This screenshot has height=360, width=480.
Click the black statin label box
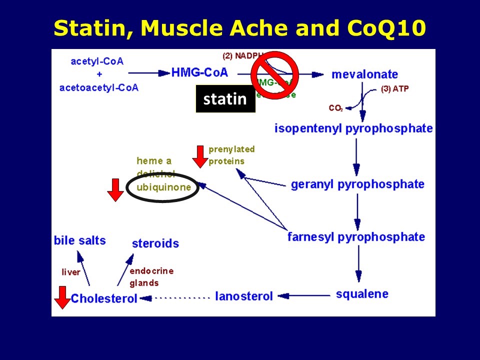point(225,99)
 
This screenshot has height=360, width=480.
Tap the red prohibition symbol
point(274,75)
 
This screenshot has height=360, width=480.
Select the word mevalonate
point(364,74)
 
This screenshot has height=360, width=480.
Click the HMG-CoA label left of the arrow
point(199,72)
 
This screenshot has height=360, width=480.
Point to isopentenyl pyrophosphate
point(353,128)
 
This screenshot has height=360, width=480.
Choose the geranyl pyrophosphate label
point(357,184)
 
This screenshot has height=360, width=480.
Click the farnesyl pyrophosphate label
point(356,236)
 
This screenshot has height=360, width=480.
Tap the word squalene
point(362,293)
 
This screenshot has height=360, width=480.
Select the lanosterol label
point(244,296)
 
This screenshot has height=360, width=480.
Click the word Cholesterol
point(104,299)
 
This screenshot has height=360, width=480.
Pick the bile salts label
point(80,240)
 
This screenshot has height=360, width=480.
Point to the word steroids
point(155,244)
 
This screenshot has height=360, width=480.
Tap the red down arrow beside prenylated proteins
point(200,156)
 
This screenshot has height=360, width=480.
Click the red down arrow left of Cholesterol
point(62,297)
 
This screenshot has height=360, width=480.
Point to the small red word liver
point(70,272)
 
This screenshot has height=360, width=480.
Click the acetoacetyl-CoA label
point(98,88)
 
